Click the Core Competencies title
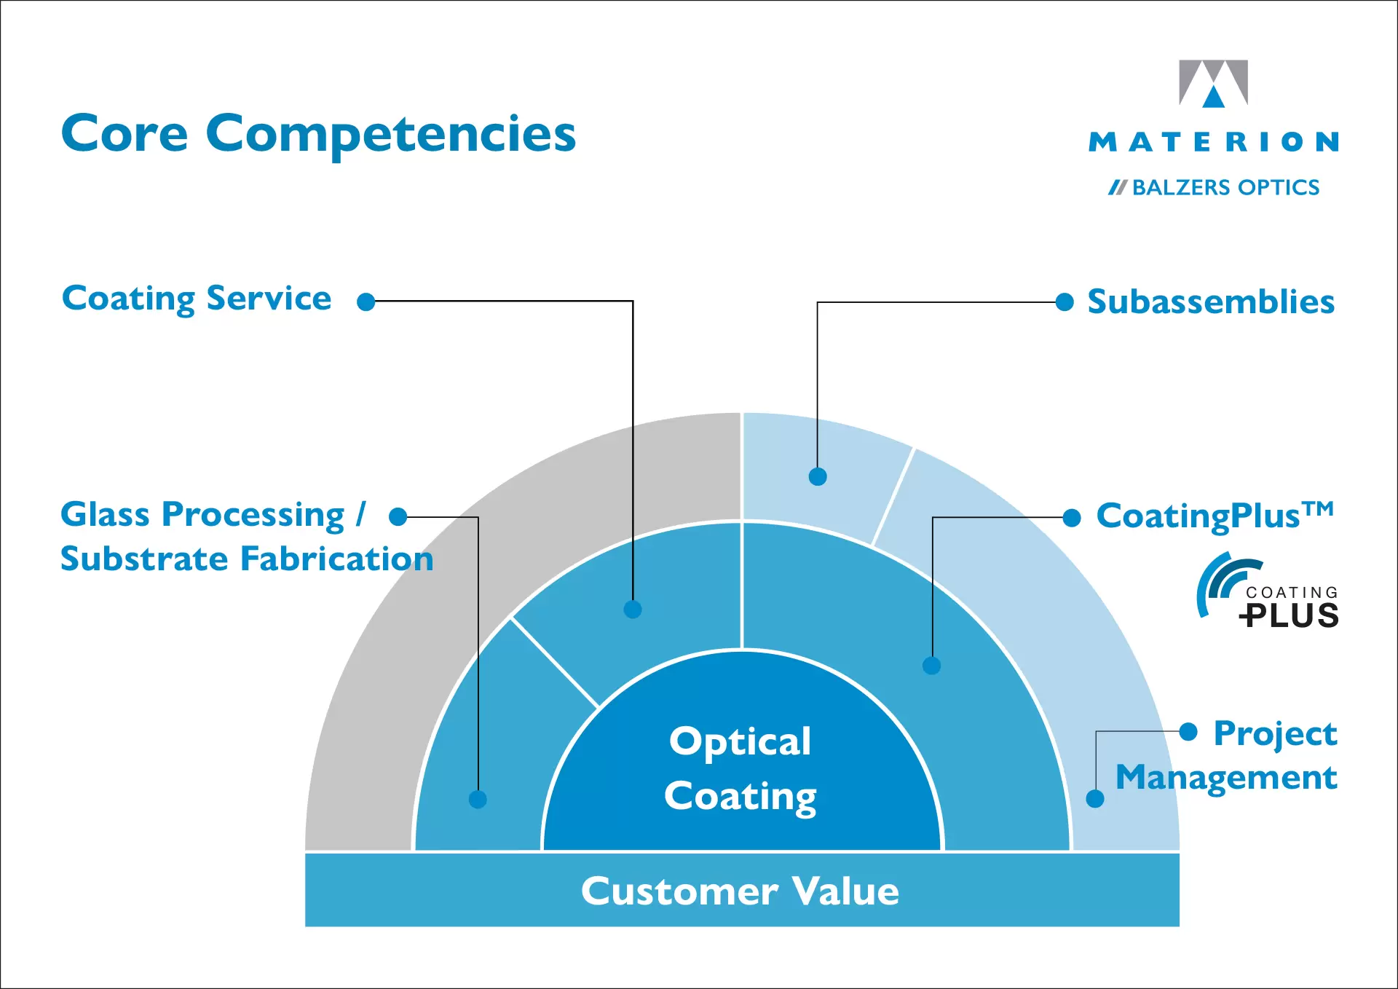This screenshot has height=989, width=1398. coord(318,134)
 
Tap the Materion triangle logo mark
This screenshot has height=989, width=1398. coord(1213,83)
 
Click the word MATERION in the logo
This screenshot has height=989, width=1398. coord(1213,141)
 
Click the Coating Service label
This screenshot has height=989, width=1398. coord(197,299)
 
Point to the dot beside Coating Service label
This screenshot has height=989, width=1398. coord(366,302)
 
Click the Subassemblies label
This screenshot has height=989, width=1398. coord(1210,302)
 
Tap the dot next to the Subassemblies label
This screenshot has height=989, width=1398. coord(1065,302)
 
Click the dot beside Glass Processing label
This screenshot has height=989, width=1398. coord(398,517)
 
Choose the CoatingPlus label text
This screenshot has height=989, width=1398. coord(1215,516)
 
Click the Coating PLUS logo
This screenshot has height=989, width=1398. coord(1268,591)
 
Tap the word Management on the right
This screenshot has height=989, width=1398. coord(1226,777)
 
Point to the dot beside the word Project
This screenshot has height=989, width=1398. coord(1188,731)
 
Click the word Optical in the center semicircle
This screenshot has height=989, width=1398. coord(740,742)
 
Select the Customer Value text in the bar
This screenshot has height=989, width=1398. coord(740,891)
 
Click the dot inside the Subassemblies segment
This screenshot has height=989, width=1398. coord(818,477)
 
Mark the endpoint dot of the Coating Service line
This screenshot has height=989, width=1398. coord(633,610)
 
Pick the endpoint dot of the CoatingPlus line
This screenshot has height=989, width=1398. coord(932,665)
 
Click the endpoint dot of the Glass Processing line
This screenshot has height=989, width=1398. coord(478,799)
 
